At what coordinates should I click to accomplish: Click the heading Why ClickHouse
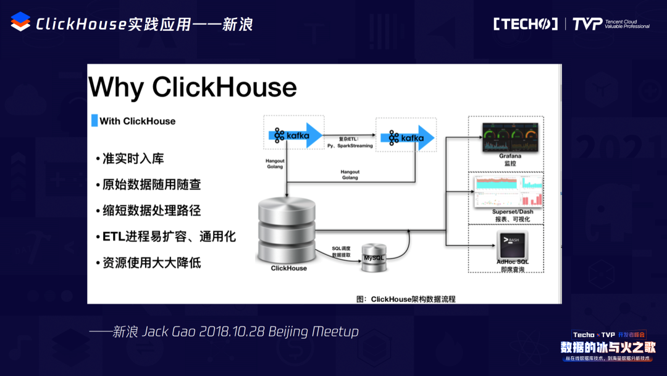coord(192,87)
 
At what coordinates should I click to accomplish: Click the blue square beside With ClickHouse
coord(94,121)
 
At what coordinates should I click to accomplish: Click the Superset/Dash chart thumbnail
coord(510,192)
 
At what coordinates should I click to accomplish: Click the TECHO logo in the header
coord(526,24)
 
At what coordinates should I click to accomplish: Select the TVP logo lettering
coord(587,24)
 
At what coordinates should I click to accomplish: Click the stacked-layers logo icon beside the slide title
coord(20,23)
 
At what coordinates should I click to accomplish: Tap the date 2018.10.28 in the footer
coord(232,331)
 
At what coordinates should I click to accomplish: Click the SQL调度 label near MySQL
coord(342,247)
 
